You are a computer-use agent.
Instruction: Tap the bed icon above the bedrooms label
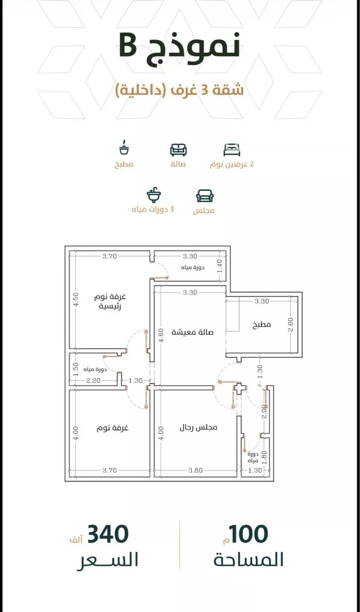pos(231,150)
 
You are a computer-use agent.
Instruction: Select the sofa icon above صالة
pos(178,150)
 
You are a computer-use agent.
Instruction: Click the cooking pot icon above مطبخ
pos(124,148)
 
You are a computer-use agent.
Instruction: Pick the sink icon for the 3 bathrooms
pos(154,195)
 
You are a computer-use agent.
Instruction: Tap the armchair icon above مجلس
pos(204,196)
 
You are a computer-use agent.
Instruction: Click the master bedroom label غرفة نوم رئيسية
pos(110,301)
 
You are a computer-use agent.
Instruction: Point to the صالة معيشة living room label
pos(192,332)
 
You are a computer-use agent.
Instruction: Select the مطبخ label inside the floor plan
pos(262,324)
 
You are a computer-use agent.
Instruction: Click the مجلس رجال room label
pos(198,427)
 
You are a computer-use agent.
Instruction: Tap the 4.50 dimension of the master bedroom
pos(76,299)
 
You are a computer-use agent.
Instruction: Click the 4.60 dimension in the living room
pos(161,335)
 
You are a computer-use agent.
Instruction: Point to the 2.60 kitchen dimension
pos(290,324)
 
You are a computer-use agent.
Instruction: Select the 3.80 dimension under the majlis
pos(195,470)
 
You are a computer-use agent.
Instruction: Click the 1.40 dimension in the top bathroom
pos(219,266)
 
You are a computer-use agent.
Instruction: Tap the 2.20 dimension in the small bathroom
pos(93,380)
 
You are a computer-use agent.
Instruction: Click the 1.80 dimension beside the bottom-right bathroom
pos(264,457)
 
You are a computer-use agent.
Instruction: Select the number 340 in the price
pos(108,534)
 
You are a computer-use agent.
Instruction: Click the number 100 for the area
pos(249,534)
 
